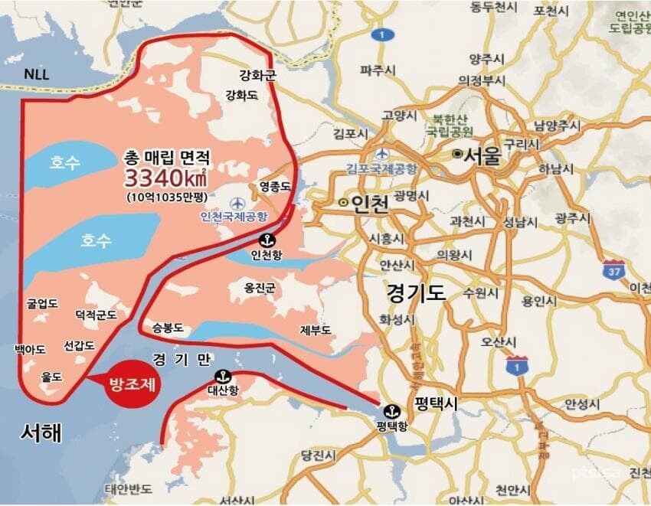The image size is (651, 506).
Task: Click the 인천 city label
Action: point(365,204)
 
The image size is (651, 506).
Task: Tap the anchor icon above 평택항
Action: point(391,411)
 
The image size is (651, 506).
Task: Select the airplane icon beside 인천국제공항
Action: point(237,203)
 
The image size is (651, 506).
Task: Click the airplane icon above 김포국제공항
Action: point(383,153)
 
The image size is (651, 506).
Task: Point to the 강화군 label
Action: point(257,75)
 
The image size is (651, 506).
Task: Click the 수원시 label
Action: point(479,293)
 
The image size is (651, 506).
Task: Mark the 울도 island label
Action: point(52,377)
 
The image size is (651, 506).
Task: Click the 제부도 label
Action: point(316,331)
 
